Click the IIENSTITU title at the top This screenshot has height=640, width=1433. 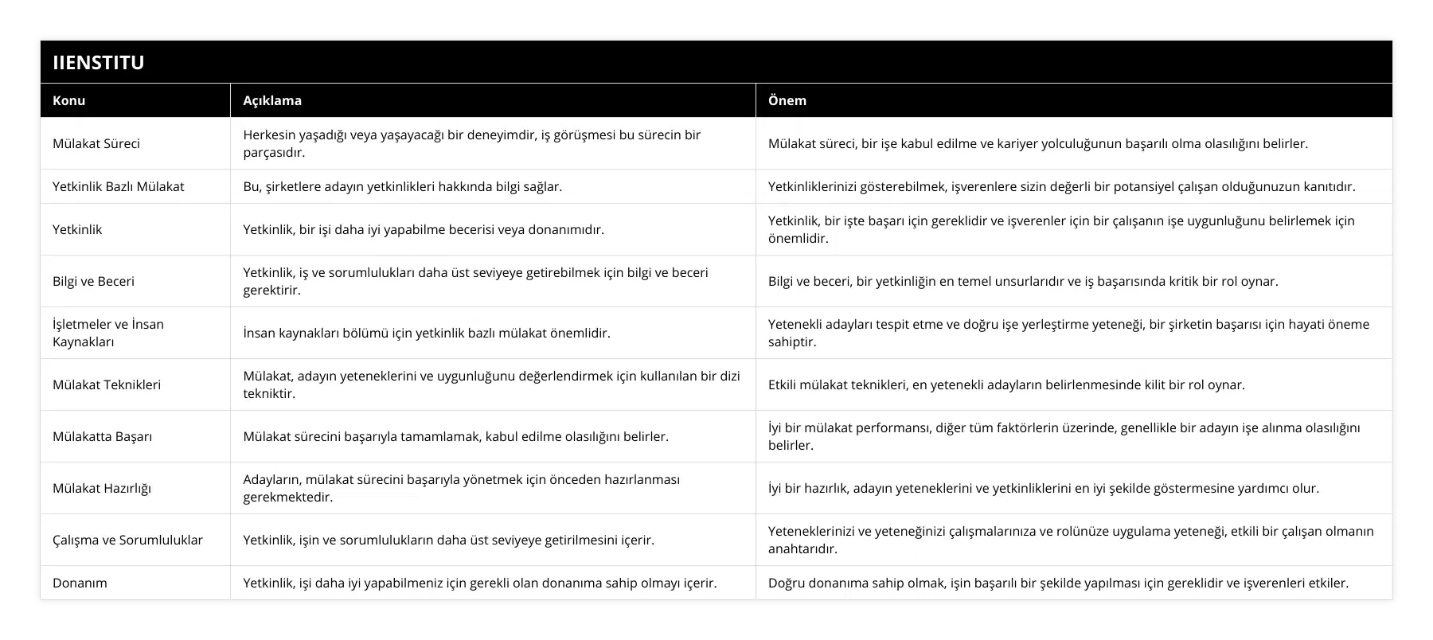pyautogui.click(x=99, y=62)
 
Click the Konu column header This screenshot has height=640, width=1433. pyautogui.click(x=69, y=100)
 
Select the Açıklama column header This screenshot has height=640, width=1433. pyautogui.click(x=272, y=100)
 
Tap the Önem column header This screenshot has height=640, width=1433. pyautogui.click(x=787, y=100)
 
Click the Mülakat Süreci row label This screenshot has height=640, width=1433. pyautogui.click(x=96, y=143)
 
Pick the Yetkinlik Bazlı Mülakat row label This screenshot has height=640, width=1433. pyautogui.click(x=118, y=186)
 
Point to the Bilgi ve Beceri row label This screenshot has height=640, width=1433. pyautogui.click(x=93, y=281)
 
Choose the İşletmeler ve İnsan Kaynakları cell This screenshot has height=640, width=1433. pyautogui.click(x=108, y=333)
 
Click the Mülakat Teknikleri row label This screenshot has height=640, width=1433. pyautogui.click(x=107, y=384)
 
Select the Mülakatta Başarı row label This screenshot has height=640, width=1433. pyautogui.click(x=102, y=436)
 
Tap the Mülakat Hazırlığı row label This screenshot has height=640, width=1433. pyautogui.click(x=102, y=488)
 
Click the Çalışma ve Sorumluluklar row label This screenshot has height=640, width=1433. pyautogui.click(x=127, y=540)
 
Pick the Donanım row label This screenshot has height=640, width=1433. pyautogui.click(x=80, y=583)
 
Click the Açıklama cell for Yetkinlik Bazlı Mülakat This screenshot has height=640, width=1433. pyautogui.click(x=402, y=186)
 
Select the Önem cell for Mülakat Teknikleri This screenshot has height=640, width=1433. pyautogui.click(x=1006, y=384)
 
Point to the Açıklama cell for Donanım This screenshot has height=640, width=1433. pyautogui.click(x=479, y=583)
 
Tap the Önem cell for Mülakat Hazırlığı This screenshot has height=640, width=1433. pyautogui.click(x=1043, y=488)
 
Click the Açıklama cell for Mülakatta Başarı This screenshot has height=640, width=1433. pyautogui.click(x=455, y=436)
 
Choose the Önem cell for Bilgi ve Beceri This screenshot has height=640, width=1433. pyautogui.click(x=1023, y=281)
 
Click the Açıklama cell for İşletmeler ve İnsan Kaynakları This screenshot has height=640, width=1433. pyautogui.click(x=427, y=333)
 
